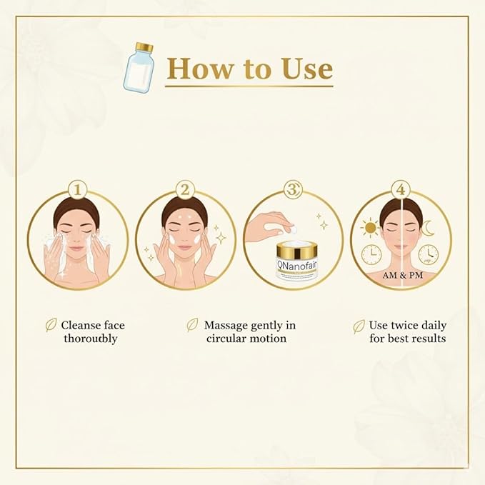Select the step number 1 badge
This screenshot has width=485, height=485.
(x=78, y=190)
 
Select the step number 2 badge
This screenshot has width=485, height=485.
(x=186, y=190)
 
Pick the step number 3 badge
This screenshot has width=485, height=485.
(x=293, y=190)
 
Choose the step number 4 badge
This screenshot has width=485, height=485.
(x=401, y=190)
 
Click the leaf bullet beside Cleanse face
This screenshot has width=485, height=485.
(x=51, y=325)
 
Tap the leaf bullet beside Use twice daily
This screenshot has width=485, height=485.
(x=359, y=326)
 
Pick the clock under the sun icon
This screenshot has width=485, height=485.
(x=371, y=254)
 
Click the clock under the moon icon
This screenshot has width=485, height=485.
(x=428, y=254)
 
